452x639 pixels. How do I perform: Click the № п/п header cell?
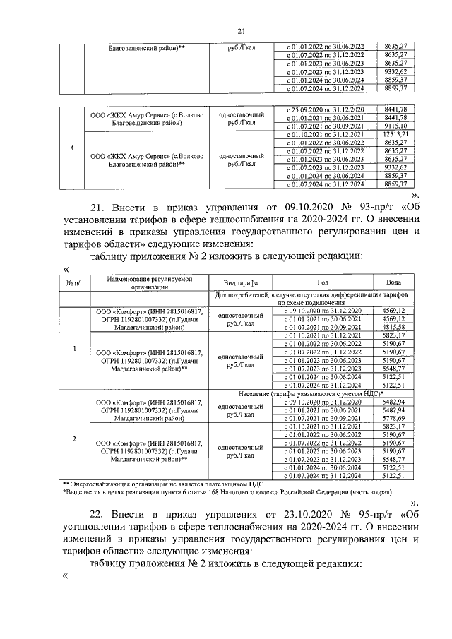click(x=74, y=282)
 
